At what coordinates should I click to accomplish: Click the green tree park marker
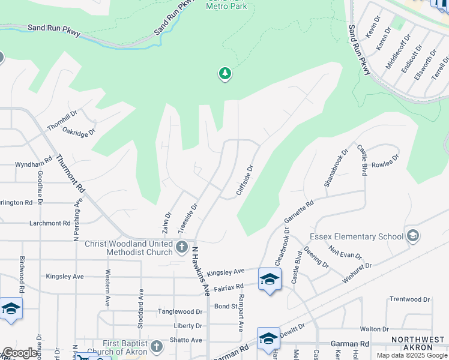click(x=225, y=74)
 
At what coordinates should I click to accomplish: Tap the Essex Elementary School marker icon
click(x=412, y=236)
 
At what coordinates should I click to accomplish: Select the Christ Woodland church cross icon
click(x=182, y=247)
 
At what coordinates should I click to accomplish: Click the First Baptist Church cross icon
click(x=156, y=346)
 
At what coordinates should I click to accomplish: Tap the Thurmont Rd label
click(x=71, y=173)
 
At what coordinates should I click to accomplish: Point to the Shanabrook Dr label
click(x=336, y=169)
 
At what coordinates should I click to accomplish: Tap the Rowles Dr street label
click(x=385, y=163)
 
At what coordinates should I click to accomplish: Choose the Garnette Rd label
click(x=299, y=212)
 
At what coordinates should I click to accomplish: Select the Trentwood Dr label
click(x=410, y=299)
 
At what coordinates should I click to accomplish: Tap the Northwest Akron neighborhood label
click(x=418, y=344)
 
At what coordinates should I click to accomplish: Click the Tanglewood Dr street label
click(x=180, y=311)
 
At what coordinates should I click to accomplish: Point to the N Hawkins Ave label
click(x=200, y=270)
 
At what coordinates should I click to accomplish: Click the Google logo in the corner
click(x=20, y=353)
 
